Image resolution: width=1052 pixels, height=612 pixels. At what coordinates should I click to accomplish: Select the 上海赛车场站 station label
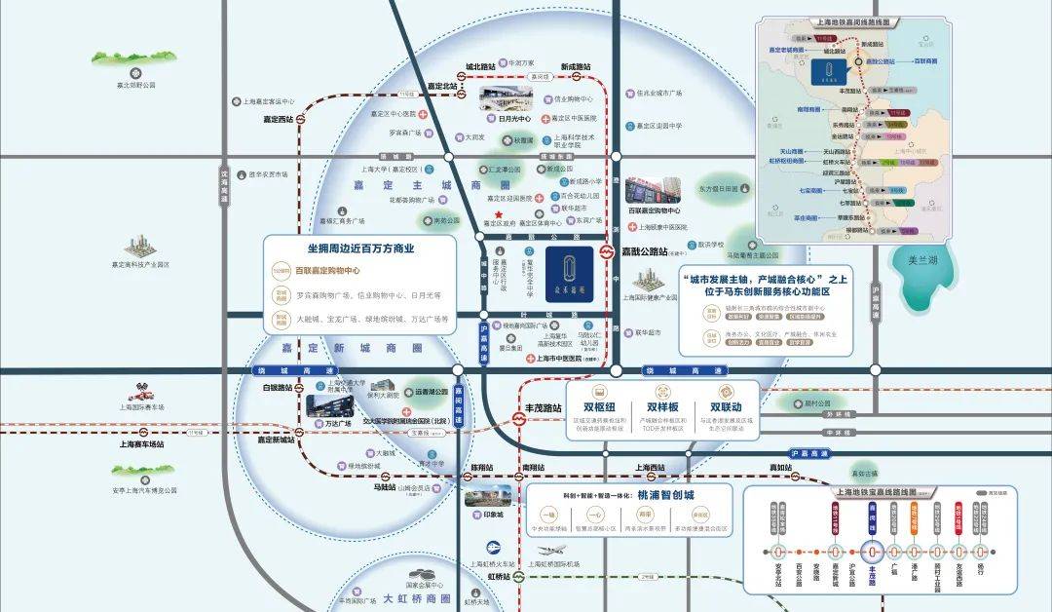142,443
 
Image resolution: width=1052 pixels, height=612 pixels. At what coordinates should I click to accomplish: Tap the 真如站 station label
779,467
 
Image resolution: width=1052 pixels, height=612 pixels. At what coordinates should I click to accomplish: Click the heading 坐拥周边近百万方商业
360,249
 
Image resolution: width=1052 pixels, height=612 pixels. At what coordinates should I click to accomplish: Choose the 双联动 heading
726,407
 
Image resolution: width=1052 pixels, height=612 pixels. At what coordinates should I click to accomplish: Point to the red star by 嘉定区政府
499,214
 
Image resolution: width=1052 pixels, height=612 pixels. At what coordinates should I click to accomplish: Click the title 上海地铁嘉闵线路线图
843,21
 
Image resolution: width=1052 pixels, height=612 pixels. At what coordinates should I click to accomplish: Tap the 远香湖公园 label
430,392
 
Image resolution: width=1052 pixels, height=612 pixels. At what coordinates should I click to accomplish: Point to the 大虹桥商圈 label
417,598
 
